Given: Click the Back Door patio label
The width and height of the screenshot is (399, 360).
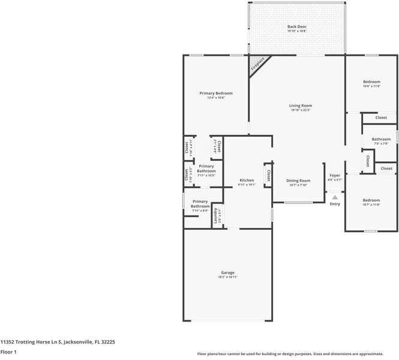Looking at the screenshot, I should tap(296, 26).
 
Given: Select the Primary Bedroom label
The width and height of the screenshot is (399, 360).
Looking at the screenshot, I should tap(216, 93).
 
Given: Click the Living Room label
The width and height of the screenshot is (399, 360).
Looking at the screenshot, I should tap(301, 106).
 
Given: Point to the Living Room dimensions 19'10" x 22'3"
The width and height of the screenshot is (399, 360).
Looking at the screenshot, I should tap(301, 110).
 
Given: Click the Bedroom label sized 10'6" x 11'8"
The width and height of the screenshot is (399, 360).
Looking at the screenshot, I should tap(371, 82).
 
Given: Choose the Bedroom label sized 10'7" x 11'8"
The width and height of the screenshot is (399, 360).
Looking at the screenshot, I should tap(371, 200).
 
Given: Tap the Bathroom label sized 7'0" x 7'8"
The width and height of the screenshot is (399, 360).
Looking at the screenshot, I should tap(380, 139).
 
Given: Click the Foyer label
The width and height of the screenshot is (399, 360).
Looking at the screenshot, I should tap(334, 175).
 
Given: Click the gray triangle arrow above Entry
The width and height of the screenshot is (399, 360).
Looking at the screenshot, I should tap(335, 196).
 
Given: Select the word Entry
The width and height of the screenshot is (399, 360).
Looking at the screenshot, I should tap(335, 204).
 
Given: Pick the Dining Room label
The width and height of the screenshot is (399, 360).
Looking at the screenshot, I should tap(298, 181).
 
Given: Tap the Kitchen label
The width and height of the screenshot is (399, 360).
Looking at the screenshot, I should tap(247, 180).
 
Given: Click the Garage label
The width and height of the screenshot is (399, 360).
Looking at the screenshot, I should tap(227, 272).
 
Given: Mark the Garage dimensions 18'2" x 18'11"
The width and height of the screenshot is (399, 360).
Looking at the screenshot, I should tap(227, 277).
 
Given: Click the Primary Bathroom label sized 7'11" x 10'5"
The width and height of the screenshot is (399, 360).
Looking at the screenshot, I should tap(206, 169).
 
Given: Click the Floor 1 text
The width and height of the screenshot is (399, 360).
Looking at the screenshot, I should tap(8, 352).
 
